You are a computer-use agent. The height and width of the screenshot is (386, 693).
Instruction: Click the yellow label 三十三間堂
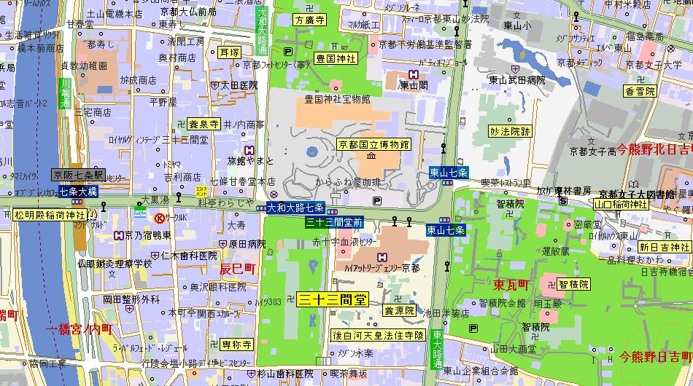(x=333, y=299)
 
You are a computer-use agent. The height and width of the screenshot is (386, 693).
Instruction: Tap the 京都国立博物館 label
(x=373, y=144)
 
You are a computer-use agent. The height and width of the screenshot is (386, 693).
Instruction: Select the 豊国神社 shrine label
(x=335, y=58)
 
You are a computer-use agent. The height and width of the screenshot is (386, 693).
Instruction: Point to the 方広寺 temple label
(x=310, y=20)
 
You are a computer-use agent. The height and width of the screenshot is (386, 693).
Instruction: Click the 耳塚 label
(x=229, y=52)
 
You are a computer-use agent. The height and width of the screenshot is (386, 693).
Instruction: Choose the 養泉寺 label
(x=204, y=124)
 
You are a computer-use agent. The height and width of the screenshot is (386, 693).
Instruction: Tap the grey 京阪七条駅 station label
(x=78, y=176)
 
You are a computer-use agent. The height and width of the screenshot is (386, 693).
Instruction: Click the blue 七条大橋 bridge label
(x=78, y=192)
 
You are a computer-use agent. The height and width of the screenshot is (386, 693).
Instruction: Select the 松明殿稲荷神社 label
(x=50, y=215)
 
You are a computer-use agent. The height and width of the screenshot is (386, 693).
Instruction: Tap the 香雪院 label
(x=640, y=91)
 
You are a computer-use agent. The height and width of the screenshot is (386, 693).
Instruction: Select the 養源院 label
(x=400, y=311)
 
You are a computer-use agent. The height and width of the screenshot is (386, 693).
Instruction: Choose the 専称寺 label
(x=237, y=344)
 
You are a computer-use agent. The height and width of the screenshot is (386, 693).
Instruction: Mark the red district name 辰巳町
(x=238, y=269)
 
